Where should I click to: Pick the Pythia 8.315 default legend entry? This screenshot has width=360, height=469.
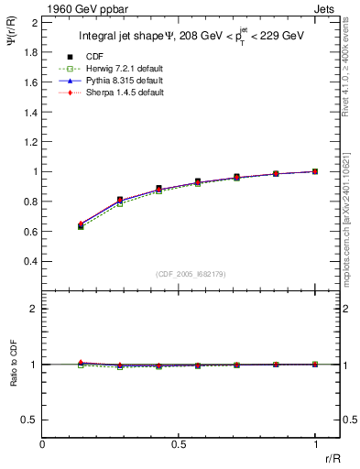pos(113,82)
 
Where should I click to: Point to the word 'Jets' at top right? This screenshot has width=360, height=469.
pos(326,8)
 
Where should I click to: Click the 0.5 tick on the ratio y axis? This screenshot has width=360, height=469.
pos(30,420)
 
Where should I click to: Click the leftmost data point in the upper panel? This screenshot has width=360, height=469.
pos(81,225)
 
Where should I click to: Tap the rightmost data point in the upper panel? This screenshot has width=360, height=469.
pos(315,171)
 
